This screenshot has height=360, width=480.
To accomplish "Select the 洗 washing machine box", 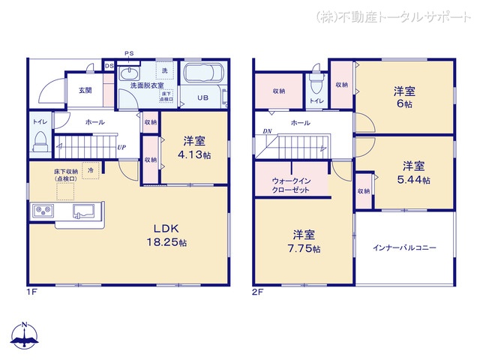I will coord(165,70).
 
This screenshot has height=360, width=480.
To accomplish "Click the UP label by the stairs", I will coord(120,147).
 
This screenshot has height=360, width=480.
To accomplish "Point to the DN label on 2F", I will coord(267,132).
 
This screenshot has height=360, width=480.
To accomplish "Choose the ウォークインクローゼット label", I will coord(290,185).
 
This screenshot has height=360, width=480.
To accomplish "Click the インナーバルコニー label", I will coord(405,247).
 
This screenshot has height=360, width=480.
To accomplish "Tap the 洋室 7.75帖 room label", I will coord(304,240).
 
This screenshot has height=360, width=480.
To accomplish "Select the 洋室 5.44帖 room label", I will coord(415,172).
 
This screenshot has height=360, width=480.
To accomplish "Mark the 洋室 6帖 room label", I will coord(405,97).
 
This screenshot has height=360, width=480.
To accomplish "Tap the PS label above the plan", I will coord(129,53).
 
